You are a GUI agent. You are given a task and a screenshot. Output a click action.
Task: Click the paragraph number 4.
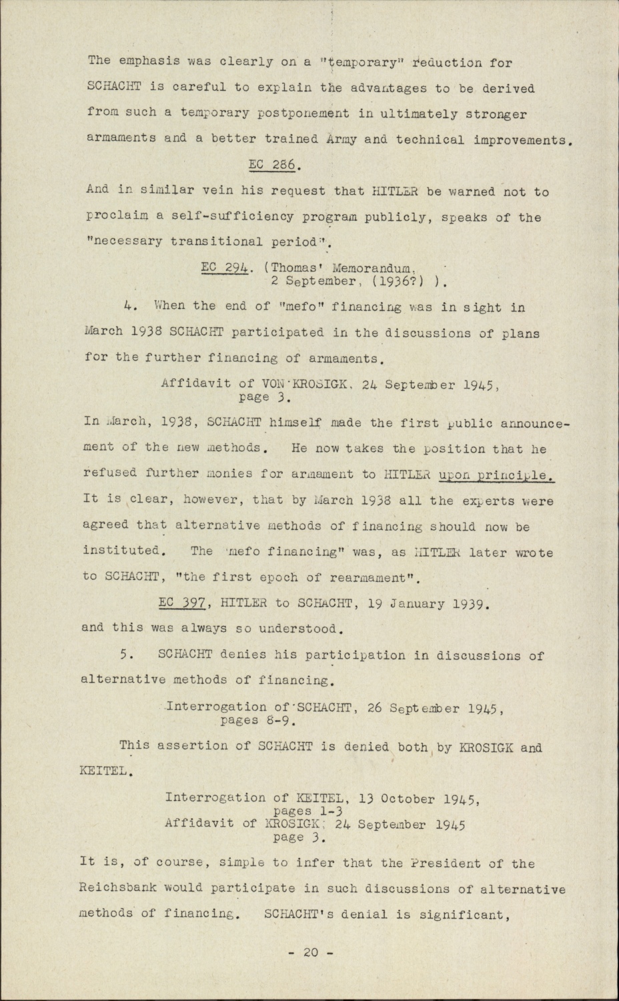tap(129, 307)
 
